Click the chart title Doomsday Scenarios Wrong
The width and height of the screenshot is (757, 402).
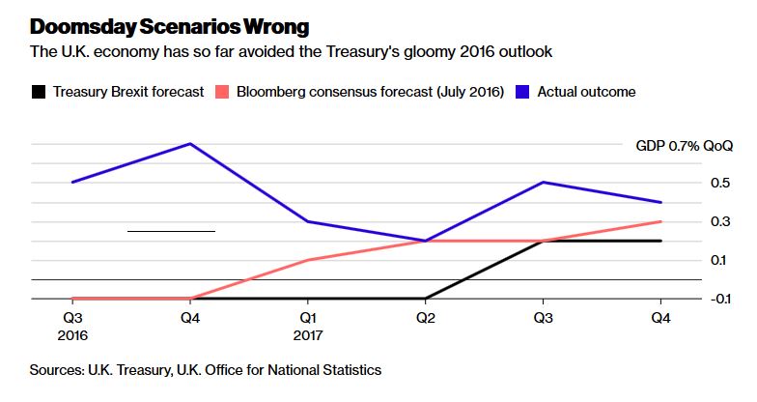coord(170,27)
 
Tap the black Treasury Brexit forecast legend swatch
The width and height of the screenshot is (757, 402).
coord(39,92)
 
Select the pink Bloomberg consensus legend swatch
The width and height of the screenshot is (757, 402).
coord(222,92)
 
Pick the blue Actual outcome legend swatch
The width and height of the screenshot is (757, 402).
coord(522,92)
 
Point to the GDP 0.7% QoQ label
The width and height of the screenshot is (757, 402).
coord(684,145)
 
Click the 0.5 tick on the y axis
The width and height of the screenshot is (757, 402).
coord(720,184)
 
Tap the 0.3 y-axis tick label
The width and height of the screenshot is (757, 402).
coord(720,222)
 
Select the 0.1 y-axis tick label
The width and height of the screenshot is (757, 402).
coord(718,261)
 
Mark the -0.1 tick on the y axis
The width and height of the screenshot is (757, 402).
coord(720,300)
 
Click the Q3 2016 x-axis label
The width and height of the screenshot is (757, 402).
coord(73,327)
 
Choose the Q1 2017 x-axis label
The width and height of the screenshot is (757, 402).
coord(308,327)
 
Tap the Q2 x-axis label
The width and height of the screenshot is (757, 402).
coord(426,318)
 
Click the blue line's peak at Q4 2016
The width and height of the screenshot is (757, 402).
coord(190,143)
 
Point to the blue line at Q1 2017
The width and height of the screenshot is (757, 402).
coord(308,221)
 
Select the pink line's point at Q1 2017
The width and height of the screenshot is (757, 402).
coord(308,260)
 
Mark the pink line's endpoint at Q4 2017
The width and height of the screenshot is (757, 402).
coord(660,221)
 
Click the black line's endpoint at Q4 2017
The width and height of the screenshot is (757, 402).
coord(660,241)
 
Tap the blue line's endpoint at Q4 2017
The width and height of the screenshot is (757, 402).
coord(660,202)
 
